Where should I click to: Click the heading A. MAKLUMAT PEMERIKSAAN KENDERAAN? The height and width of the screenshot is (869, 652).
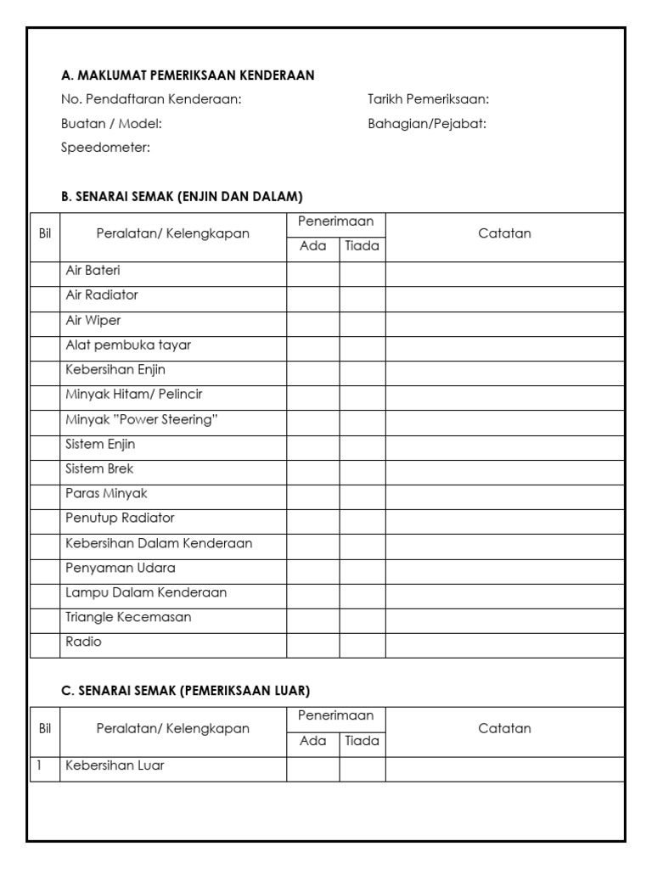tap(188, 76)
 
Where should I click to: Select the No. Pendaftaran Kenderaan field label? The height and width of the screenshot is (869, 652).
tap(151, 99)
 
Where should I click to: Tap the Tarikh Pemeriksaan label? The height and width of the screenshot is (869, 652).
tap(428, 99)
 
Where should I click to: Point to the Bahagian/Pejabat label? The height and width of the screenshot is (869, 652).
tap(427, 124)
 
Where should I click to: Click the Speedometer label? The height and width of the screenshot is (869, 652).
tap(105, 149)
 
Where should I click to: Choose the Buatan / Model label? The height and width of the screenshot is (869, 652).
tap(111, 124)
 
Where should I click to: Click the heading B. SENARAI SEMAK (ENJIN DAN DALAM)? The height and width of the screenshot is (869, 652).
tap(182, 197)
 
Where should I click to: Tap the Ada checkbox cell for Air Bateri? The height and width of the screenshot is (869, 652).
tap(313, 274)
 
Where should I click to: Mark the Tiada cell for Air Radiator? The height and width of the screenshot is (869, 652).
tap(363, 299)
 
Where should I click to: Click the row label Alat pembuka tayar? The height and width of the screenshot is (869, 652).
tap(128, 345)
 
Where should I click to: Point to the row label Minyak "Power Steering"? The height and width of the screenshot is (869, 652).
tap(136, 419)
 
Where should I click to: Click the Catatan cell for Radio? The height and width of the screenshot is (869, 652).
tap(505, 645)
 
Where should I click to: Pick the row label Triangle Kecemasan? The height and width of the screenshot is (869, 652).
tap(128, 617)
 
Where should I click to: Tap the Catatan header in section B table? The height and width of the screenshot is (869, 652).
tap(505, 233)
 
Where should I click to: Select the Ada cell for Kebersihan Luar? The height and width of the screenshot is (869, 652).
tap(313, 769)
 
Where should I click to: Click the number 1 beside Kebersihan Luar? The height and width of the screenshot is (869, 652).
tap(38, 765)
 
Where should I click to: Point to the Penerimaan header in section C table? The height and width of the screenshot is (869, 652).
tap(336, 716)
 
